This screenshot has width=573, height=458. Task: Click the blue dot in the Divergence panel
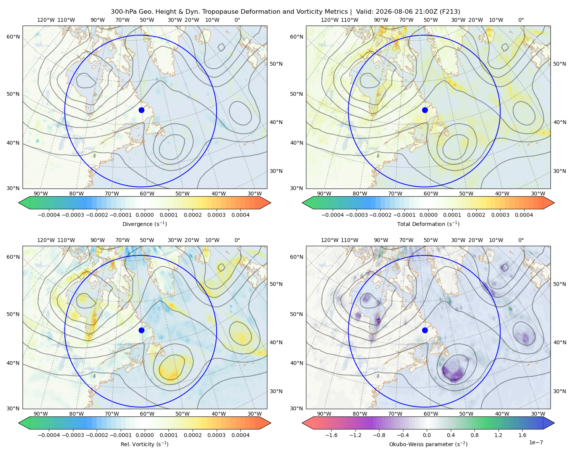(x=141, y=110)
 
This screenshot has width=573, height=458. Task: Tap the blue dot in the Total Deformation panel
(x=425, y=110)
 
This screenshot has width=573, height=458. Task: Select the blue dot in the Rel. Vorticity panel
(x=141, y=330)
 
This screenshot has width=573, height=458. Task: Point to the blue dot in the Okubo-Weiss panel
(x=425, y=330)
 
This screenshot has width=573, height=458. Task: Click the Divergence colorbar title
(x=144, y=224)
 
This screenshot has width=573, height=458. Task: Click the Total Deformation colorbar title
(x=428, y=224)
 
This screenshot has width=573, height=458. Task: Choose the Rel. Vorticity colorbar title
(x=144, y=444)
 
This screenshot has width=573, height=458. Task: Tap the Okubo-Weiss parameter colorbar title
(x=428, y=444)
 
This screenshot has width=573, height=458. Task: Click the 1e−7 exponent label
(x=536, y=442)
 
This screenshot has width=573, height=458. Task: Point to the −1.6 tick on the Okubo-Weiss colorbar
(x=331, y=435)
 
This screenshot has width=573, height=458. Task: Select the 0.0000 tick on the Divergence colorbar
(x=144, y=215)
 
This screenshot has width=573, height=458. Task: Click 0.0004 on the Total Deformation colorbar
(x=524, y=215)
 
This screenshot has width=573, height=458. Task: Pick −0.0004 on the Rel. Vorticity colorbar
(x=49, y=435)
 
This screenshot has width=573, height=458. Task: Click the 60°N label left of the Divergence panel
(x=13, y=37)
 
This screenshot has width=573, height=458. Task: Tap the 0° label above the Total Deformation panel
(x=521, y=20)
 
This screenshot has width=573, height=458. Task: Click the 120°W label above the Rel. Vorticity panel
(x=46, y=240)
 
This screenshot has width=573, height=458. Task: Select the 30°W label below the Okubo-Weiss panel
(x=538, y=414)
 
